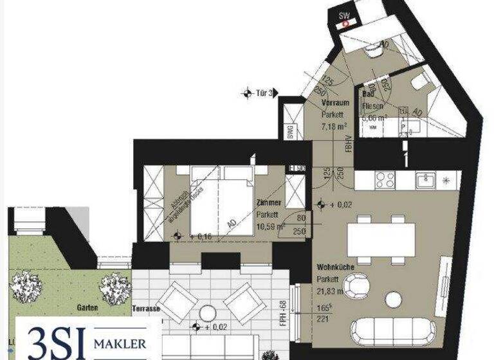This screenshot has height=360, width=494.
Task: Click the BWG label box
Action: click(x=290, y=132)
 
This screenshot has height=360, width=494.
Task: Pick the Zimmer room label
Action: click(x=268, y=202)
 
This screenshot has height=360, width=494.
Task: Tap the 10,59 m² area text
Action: click(x=270, y=226)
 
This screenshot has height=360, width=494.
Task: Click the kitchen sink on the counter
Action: click(x=426, y=180)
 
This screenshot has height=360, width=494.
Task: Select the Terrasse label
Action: click(x=147, y=309)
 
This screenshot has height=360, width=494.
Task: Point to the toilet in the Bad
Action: click(x=419, y=80)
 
